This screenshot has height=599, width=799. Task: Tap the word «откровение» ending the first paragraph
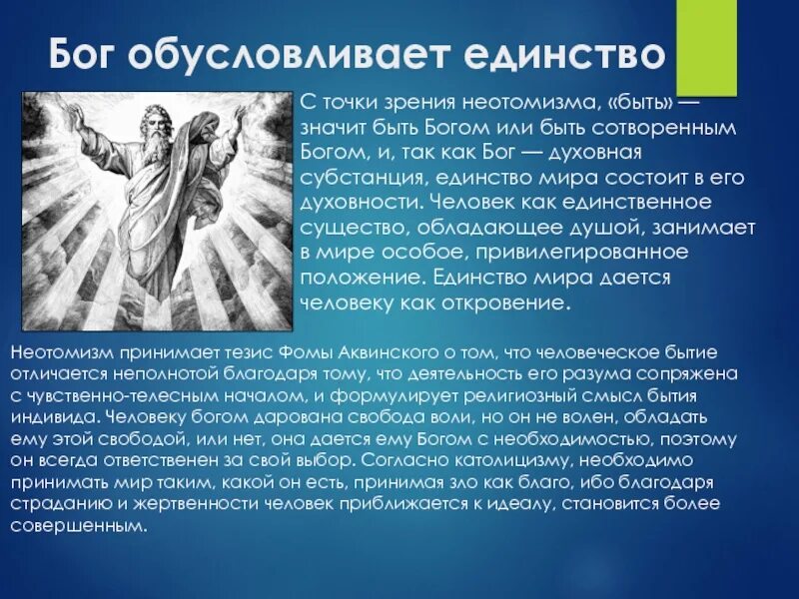[511, 301]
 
